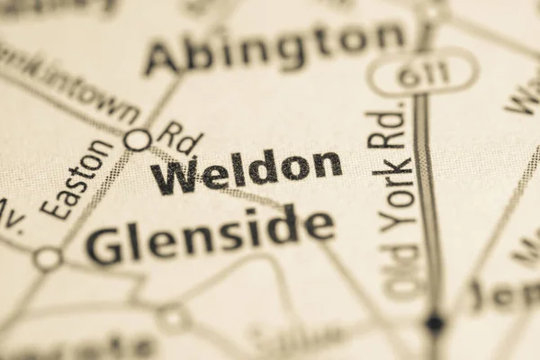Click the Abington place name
(274, 48)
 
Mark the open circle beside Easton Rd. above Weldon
(138, 139)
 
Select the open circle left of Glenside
(47, 259)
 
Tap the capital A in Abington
(163, 59)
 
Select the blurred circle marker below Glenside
(173, 317)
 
